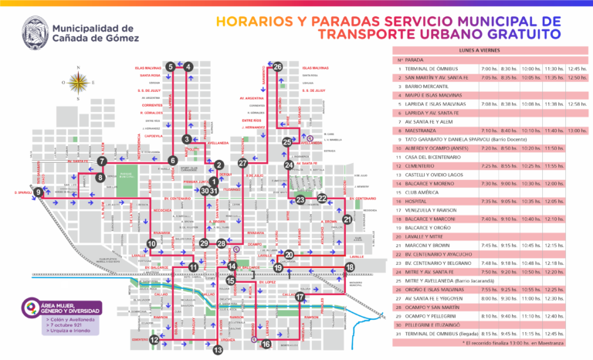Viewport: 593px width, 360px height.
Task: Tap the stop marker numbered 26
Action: [278, 66]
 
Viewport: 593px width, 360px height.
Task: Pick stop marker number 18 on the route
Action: [350, 267]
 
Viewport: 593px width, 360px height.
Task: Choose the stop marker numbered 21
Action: [347, 219]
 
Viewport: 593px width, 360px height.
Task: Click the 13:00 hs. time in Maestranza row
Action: [577, 131]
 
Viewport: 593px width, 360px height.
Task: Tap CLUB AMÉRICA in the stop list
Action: [422, 192]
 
